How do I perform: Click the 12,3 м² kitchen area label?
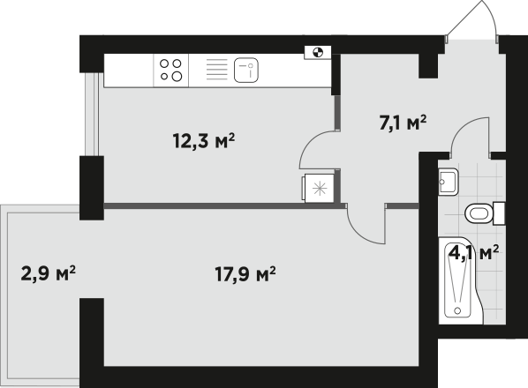(204, 140)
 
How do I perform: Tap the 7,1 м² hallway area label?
(403, 123)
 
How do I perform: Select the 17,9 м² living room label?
(245, 274)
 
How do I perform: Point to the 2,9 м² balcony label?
(49, 273)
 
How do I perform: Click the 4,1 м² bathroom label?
(474, 253)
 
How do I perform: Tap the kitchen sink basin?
(246, 70)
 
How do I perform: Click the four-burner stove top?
(171, 71)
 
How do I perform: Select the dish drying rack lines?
(216, 70)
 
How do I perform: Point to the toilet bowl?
(479, 213)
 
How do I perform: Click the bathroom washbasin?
(449, 182)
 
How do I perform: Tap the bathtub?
(460, 280)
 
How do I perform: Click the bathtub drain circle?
(457, 310)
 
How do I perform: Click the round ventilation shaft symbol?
(318, 52)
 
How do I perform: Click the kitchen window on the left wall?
(91, 114)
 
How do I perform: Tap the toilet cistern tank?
(499, 213)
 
